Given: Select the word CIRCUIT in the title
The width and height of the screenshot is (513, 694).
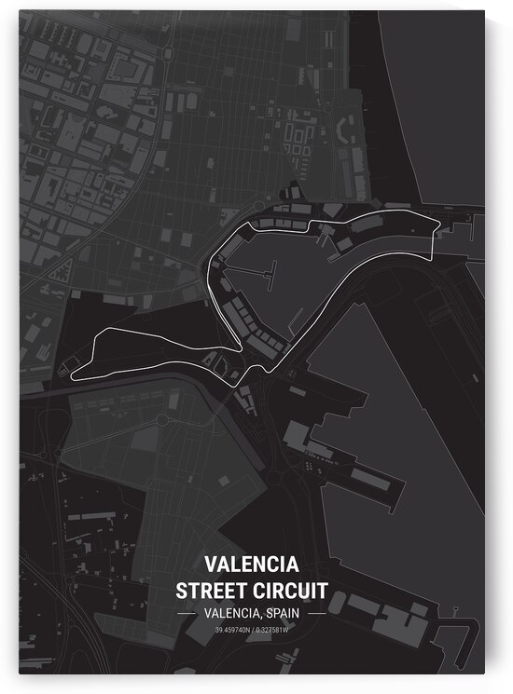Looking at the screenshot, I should click(x=297, y=590).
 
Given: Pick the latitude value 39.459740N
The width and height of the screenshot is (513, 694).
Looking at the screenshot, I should click(x=233, y=633).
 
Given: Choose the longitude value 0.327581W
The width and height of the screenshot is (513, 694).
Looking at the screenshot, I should click(x=284, y=633).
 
